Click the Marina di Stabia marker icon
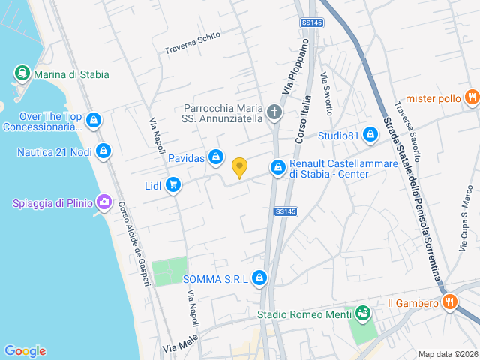tap(22, 74)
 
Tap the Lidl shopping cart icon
tap(173, 184)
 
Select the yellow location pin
tap(239, 168)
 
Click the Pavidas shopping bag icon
tap(216, 157)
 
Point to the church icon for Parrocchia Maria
tap(274, 112)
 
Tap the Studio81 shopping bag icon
tap(369, 135)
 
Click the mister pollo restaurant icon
tap(471, 97)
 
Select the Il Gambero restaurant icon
tap(450, 302)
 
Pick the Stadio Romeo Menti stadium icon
tap(363, 313)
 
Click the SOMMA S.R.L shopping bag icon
tap(259, 278)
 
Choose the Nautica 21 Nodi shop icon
tap(103, 152)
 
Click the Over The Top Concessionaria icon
tap(94, 120)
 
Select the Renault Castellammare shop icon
tap(278, 166)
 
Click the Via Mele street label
tap(179, 346)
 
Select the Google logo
tap(25, 350)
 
